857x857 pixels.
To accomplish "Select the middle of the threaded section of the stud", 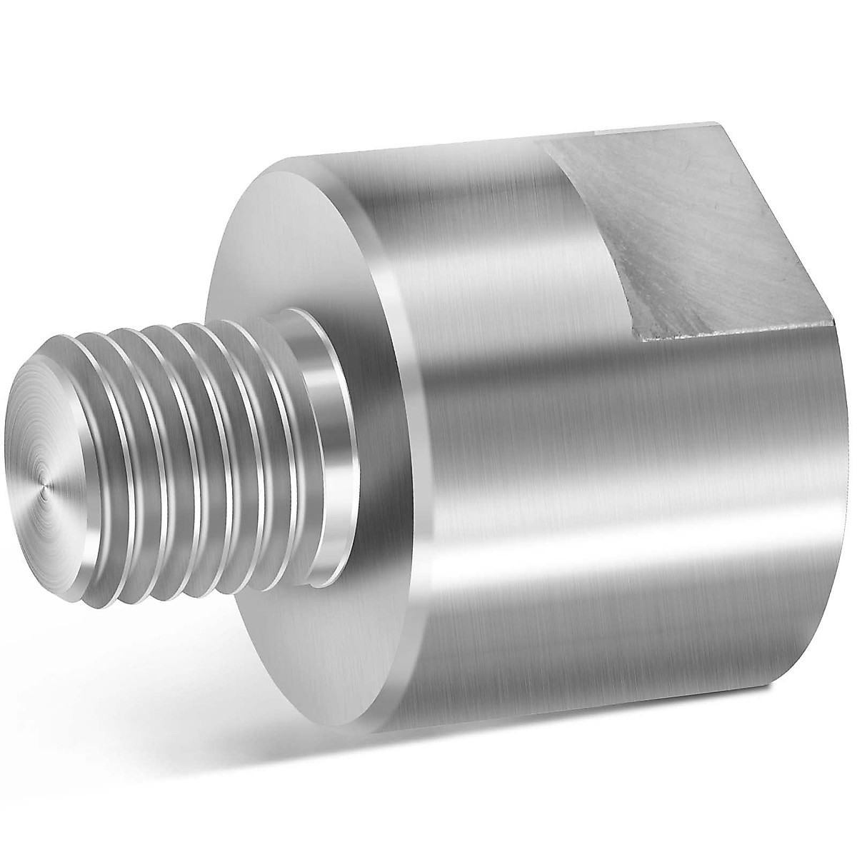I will tap(193, 450).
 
